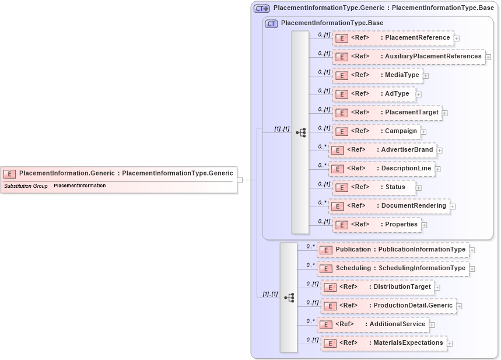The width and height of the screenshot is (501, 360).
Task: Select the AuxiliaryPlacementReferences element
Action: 409,57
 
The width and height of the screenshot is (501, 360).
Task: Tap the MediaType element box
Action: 377,75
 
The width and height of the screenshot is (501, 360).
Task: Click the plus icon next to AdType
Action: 418,95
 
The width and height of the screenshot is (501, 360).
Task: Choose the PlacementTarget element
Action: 387,113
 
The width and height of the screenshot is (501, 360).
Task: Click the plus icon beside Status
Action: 418,188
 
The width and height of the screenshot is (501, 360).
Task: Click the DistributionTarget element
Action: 378,287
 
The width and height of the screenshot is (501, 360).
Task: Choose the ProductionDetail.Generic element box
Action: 388,306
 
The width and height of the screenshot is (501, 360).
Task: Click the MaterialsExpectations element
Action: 384,343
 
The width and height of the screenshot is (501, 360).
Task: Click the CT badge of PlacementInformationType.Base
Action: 271,23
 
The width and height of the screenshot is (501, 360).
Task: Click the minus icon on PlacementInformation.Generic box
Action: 240,180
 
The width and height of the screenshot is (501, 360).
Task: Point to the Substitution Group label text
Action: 26,186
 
